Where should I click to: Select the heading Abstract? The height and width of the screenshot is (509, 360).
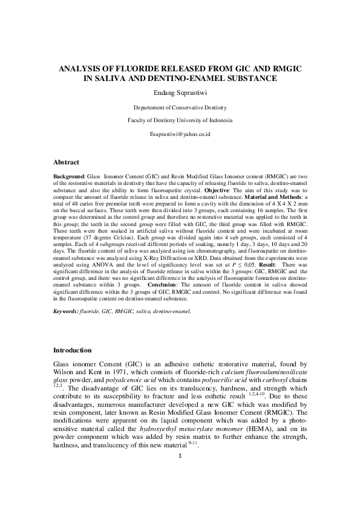pyautogui.click(x=66, y=162)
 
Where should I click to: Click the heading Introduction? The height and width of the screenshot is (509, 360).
pyautogui.click(x=73, y=350)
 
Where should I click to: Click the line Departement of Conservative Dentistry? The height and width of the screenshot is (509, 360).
pyautogui.click(x=180, y=107)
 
